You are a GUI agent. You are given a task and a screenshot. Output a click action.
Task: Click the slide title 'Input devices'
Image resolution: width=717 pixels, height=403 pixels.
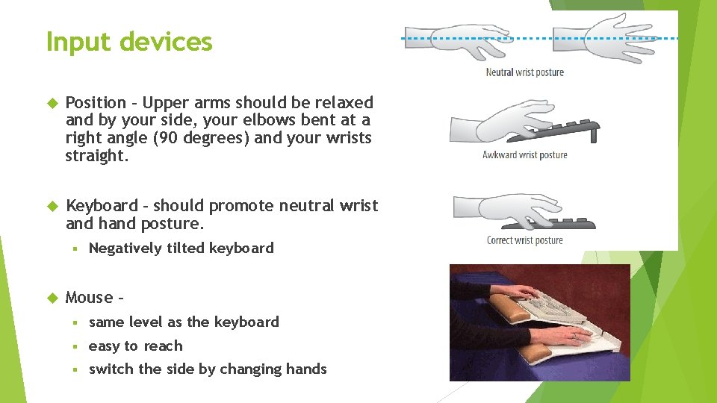(x=128, y=42)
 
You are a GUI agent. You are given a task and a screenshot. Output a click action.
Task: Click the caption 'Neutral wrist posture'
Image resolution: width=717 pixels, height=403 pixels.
(x=524, y=72)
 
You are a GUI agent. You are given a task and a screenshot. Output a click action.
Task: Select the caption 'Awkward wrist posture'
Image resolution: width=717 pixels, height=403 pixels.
(x=524, y=155)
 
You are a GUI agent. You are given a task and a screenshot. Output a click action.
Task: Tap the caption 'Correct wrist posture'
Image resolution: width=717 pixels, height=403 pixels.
(x=524, y=240)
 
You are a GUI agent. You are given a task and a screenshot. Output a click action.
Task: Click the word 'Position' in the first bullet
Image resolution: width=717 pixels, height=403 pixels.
(x=96, y=103)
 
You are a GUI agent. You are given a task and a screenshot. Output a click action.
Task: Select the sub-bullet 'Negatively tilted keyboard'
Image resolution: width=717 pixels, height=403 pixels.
(x=181, y=249)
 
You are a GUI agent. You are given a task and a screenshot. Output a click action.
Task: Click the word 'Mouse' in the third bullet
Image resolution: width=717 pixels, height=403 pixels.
(x=89, y=298)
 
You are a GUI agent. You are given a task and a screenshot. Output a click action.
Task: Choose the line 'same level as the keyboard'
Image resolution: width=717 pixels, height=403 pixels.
(x=183, y=322)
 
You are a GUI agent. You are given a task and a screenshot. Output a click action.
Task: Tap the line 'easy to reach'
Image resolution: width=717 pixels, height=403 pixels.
(x=135, y=346)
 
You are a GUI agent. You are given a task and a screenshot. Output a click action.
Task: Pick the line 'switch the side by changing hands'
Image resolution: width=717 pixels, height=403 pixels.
(x=207, y=369)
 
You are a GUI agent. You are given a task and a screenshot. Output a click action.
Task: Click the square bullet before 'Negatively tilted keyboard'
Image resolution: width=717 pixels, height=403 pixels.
(x=76, y=249)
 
